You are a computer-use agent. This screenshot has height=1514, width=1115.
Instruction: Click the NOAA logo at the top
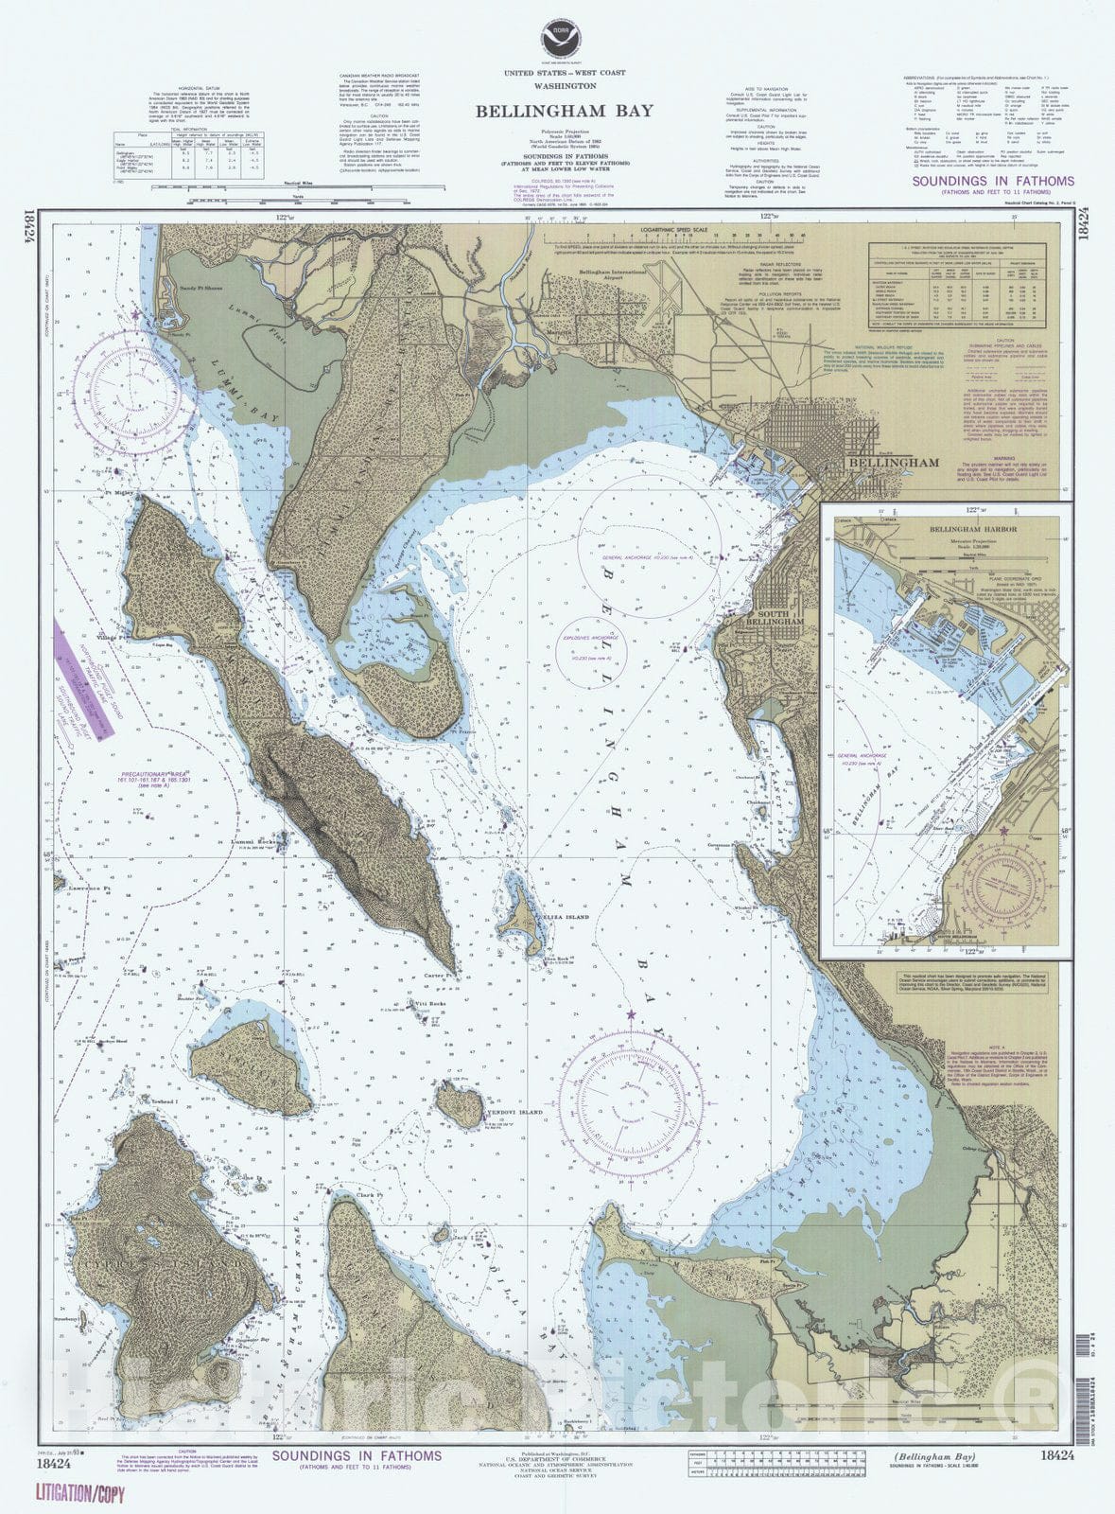click(x=557, y=41)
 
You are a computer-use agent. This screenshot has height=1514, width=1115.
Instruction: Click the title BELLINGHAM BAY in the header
click(x=564, y=111)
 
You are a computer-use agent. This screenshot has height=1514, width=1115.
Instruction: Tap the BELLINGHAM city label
click(x=893, y=463)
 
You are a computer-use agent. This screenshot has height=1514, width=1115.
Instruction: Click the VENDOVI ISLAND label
click(x=513, y=1113)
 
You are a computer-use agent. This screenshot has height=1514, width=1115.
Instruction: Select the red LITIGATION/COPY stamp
click(x=79, y=1495)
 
